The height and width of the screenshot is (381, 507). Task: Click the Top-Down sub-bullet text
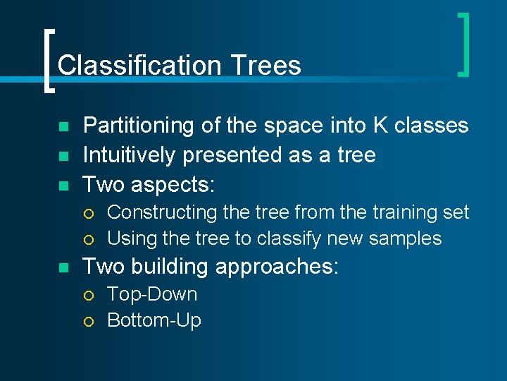point(151,294)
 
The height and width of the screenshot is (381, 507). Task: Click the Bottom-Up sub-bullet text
point(154,320)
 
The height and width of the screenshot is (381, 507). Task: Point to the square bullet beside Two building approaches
point(63,268)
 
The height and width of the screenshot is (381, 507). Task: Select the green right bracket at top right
point(463,44)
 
